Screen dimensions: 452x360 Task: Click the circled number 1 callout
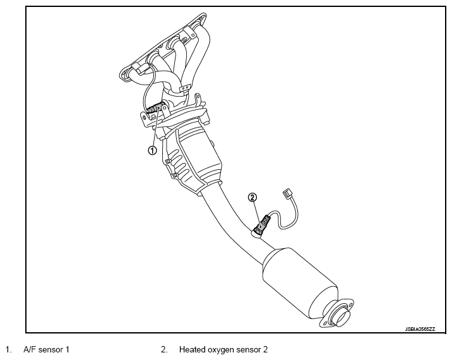point(152,150)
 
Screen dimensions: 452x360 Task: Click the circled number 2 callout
point(253,197)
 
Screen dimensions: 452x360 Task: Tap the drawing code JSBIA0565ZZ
point(420,329)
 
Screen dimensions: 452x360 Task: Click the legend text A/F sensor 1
point(46,350)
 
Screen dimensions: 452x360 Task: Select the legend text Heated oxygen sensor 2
point(223,350)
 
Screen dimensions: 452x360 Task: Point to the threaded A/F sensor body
point(156,107)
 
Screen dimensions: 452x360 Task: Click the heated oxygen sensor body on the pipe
point(261,224)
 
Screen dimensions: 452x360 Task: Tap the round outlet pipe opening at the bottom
point(342,316)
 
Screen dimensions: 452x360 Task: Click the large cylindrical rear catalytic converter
point(300,283)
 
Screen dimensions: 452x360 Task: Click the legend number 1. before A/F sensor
point(8,350)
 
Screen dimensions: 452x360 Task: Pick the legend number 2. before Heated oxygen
point(164,350)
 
